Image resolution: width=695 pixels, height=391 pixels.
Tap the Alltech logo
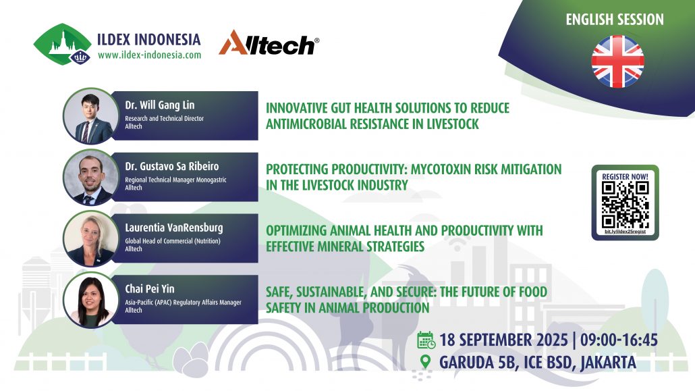click(x=269, y=43)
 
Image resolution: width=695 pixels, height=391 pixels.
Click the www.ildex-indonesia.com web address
click(x=149, y=55)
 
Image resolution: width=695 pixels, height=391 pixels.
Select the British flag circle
click(x=617, y=61)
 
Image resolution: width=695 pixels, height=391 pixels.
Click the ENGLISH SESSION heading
click(x=614, y=20)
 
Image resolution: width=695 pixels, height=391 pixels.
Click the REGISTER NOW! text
click(x=625, y=176)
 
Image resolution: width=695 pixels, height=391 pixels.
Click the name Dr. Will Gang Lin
click(x=160, y=105)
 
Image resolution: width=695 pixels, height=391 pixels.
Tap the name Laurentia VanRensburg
click(x=173, y=228)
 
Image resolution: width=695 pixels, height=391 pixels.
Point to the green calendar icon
click(x=426, y=340)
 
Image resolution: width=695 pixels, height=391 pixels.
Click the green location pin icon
click(x=426, y=361)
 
